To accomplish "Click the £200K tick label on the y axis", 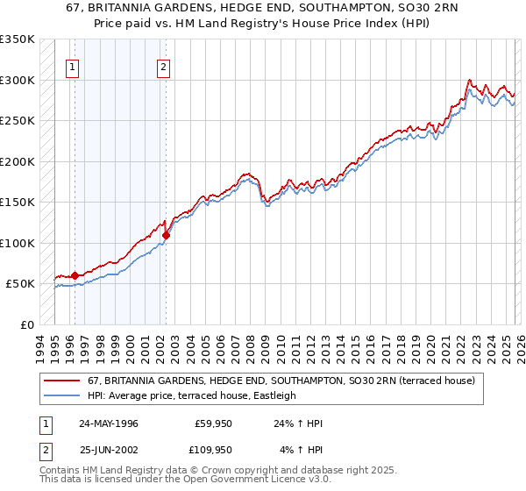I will point(18,161).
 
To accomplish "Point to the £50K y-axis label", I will point(20,284).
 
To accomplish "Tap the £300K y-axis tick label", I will point(18,80).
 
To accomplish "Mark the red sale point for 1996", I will point(75,275).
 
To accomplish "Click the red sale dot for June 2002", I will point(166,235).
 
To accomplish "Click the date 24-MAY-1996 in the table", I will point(109,423).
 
